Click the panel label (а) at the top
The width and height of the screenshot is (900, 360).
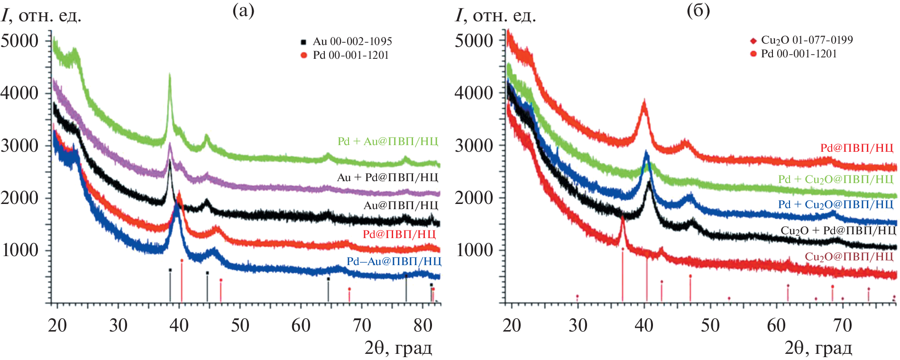243,10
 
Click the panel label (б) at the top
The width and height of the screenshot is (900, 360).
698,10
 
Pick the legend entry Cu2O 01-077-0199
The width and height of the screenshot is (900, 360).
806,40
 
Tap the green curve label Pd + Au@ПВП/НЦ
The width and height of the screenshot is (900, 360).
388,141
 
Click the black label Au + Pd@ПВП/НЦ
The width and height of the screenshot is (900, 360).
387,177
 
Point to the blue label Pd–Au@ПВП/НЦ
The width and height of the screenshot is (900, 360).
394,261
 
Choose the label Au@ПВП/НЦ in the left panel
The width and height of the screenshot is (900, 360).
401,205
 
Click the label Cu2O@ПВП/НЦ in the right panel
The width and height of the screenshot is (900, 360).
849,257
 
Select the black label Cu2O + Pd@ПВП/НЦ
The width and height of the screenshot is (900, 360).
838,231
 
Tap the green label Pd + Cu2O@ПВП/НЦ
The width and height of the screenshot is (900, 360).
836,179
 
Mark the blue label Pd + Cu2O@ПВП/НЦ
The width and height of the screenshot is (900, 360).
836,204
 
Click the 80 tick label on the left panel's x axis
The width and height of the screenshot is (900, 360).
422,325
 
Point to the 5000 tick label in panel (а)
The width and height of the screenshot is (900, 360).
20,41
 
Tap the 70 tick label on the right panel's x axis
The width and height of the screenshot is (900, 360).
842,325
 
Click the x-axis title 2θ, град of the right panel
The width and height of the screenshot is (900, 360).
818,348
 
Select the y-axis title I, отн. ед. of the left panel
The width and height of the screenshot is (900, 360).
42,16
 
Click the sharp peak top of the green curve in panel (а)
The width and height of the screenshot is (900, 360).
170,75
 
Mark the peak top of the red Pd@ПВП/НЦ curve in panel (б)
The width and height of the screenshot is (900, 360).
644,101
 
